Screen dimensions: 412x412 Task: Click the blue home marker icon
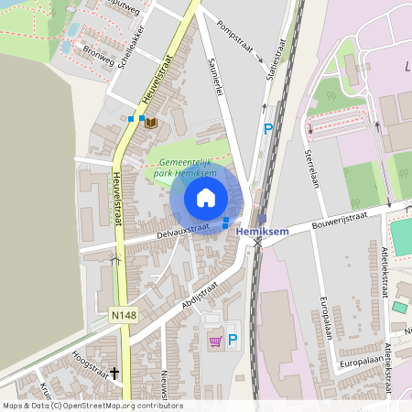click(x=206, y=198)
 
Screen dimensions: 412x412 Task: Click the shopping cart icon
click(x=215, y=342)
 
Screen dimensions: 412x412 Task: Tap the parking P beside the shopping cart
click(x=232, y=341)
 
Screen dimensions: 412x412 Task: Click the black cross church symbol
click(x=114, y=373)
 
